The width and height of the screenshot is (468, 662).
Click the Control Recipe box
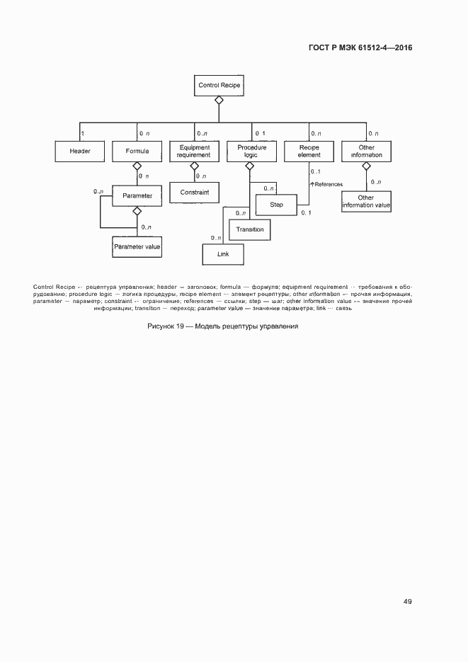point(219,86)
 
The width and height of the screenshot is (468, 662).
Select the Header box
point(79,152)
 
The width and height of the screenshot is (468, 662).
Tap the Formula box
point(137,152)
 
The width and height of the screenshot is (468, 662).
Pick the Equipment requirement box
point(194,152)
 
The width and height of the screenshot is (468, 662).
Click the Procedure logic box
point(251,152)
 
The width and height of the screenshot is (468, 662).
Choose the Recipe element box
point(309,152)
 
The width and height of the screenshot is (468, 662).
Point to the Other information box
point(366,152)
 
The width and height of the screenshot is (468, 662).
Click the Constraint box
point(194,192)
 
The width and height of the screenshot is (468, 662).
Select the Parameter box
point(137,195)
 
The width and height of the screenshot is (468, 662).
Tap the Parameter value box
point(137,246)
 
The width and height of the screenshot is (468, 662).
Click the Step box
point(277,205)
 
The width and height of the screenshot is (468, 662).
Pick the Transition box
point(249,229)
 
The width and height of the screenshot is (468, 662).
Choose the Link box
point(222,254)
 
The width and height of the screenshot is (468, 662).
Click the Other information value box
point(366,202)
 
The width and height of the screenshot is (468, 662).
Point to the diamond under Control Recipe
point(219,101)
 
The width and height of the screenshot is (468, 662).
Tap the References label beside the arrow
point(329,184)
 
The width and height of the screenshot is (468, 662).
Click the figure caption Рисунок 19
point(223,326)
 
